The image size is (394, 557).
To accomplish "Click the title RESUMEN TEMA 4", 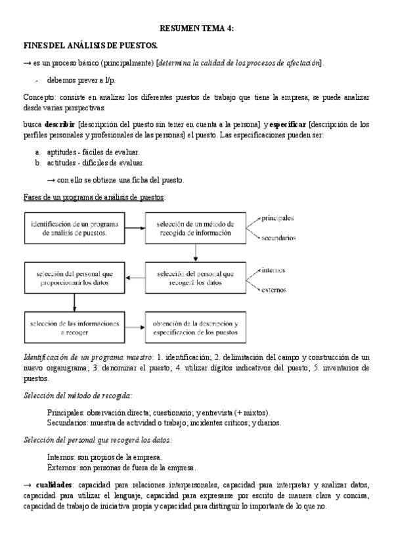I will coord(197,28).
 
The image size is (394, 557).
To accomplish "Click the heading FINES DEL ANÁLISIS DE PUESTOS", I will coord(90,45).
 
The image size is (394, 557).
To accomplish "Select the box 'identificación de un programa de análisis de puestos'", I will coord(74,228).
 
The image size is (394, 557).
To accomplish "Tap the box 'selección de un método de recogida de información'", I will coord(195,228).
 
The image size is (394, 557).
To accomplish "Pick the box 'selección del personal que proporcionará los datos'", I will coord(74,278).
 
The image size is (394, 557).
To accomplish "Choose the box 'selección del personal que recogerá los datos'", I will coord(195,278).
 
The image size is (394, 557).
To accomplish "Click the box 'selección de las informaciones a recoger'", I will coord(74,327).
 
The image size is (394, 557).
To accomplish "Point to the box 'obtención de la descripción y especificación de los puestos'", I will coord(195,327).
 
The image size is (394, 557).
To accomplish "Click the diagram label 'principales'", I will coord(277,217).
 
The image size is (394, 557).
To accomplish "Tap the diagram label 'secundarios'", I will coord(278,238).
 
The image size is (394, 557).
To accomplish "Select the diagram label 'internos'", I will coord(273,269).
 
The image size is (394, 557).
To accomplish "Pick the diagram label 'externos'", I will coord(274,289).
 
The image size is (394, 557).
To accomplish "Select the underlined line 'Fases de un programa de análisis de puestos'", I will coord(94,197).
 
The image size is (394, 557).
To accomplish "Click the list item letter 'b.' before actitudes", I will coord(39,162).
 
